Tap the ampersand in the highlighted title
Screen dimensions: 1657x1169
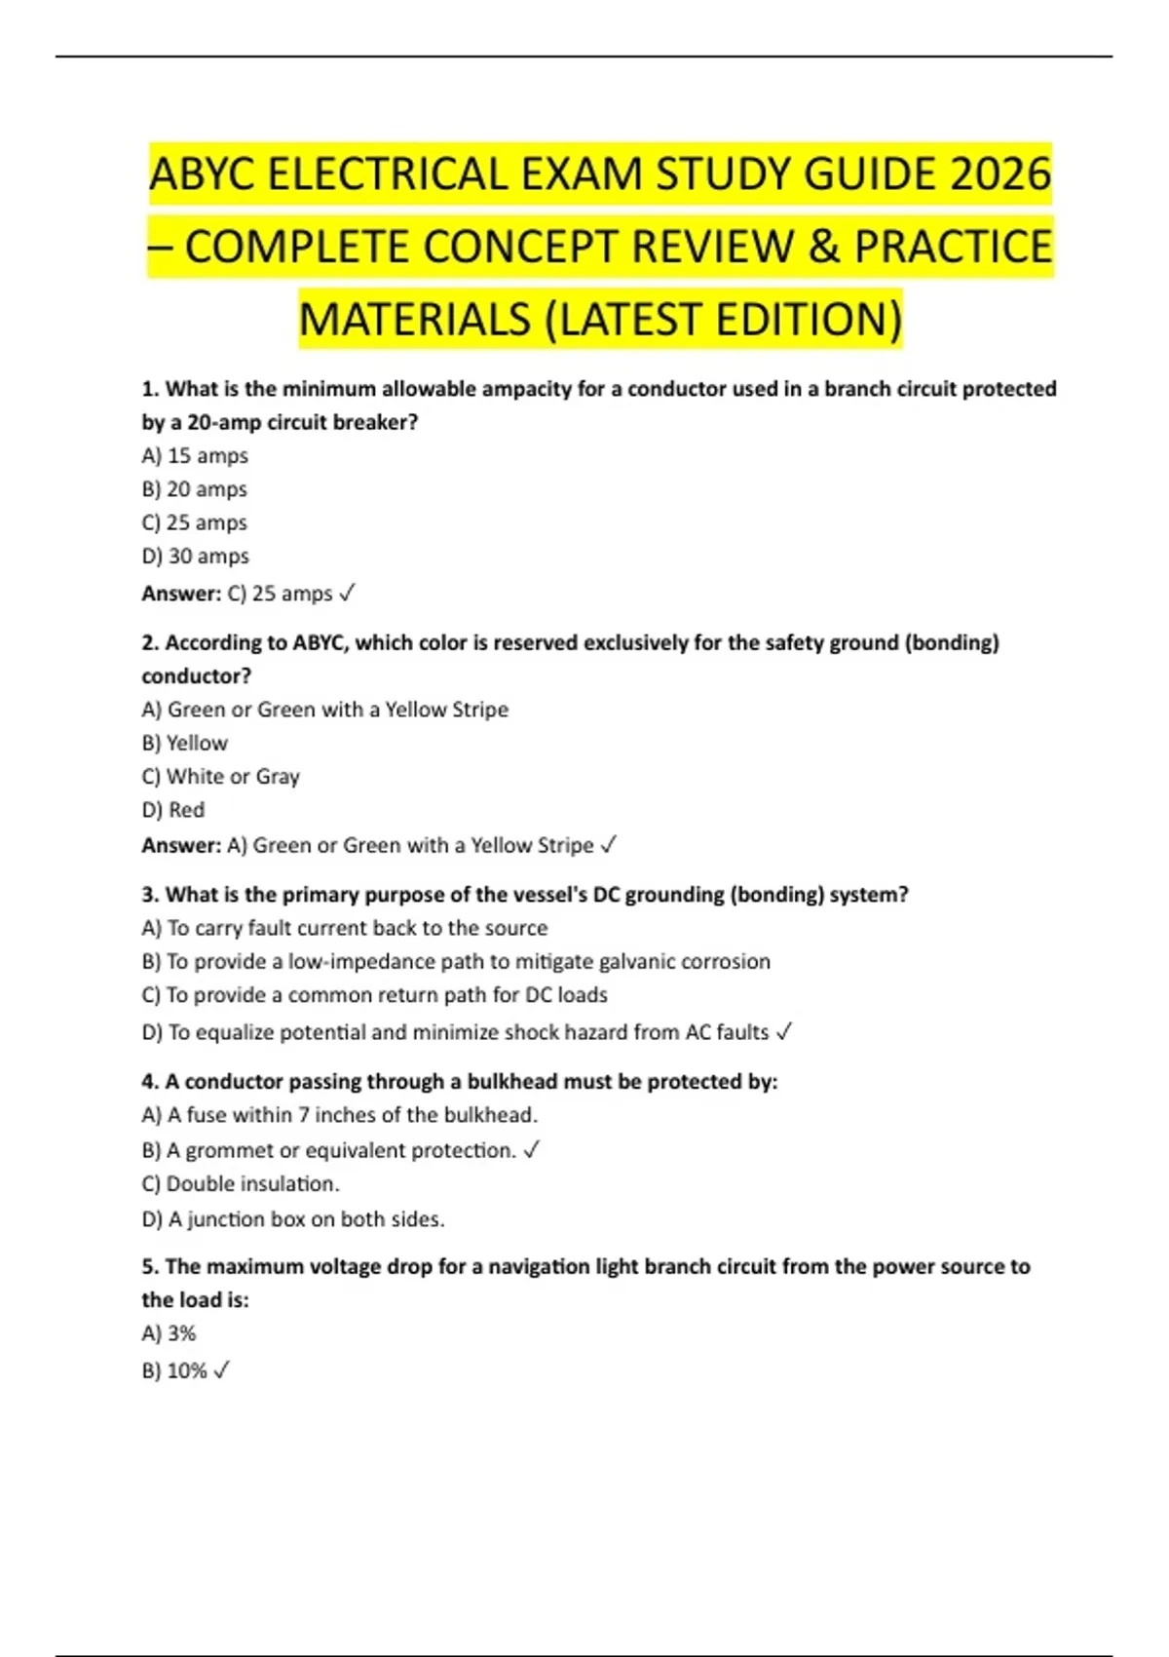coord(823,247)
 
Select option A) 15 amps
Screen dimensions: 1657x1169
coord(195,456)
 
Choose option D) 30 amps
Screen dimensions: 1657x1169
coord(195,557)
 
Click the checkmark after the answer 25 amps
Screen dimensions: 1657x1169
coord(348,593)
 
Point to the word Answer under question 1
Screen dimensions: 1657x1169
coord(181,594)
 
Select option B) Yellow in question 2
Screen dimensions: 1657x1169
coord(185,744)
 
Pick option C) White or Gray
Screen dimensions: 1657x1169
coord(220,777)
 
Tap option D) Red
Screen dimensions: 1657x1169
coord(173,810)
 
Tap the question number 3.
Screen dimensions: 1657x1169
coord(150,895)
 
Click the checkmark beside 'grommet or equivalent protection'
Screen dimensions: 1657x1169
coord(532,1150)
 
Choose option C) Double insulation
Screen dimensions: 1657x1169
coord(241,1184)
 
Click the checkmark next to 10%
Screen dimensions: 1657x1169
coord(221,1370)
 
